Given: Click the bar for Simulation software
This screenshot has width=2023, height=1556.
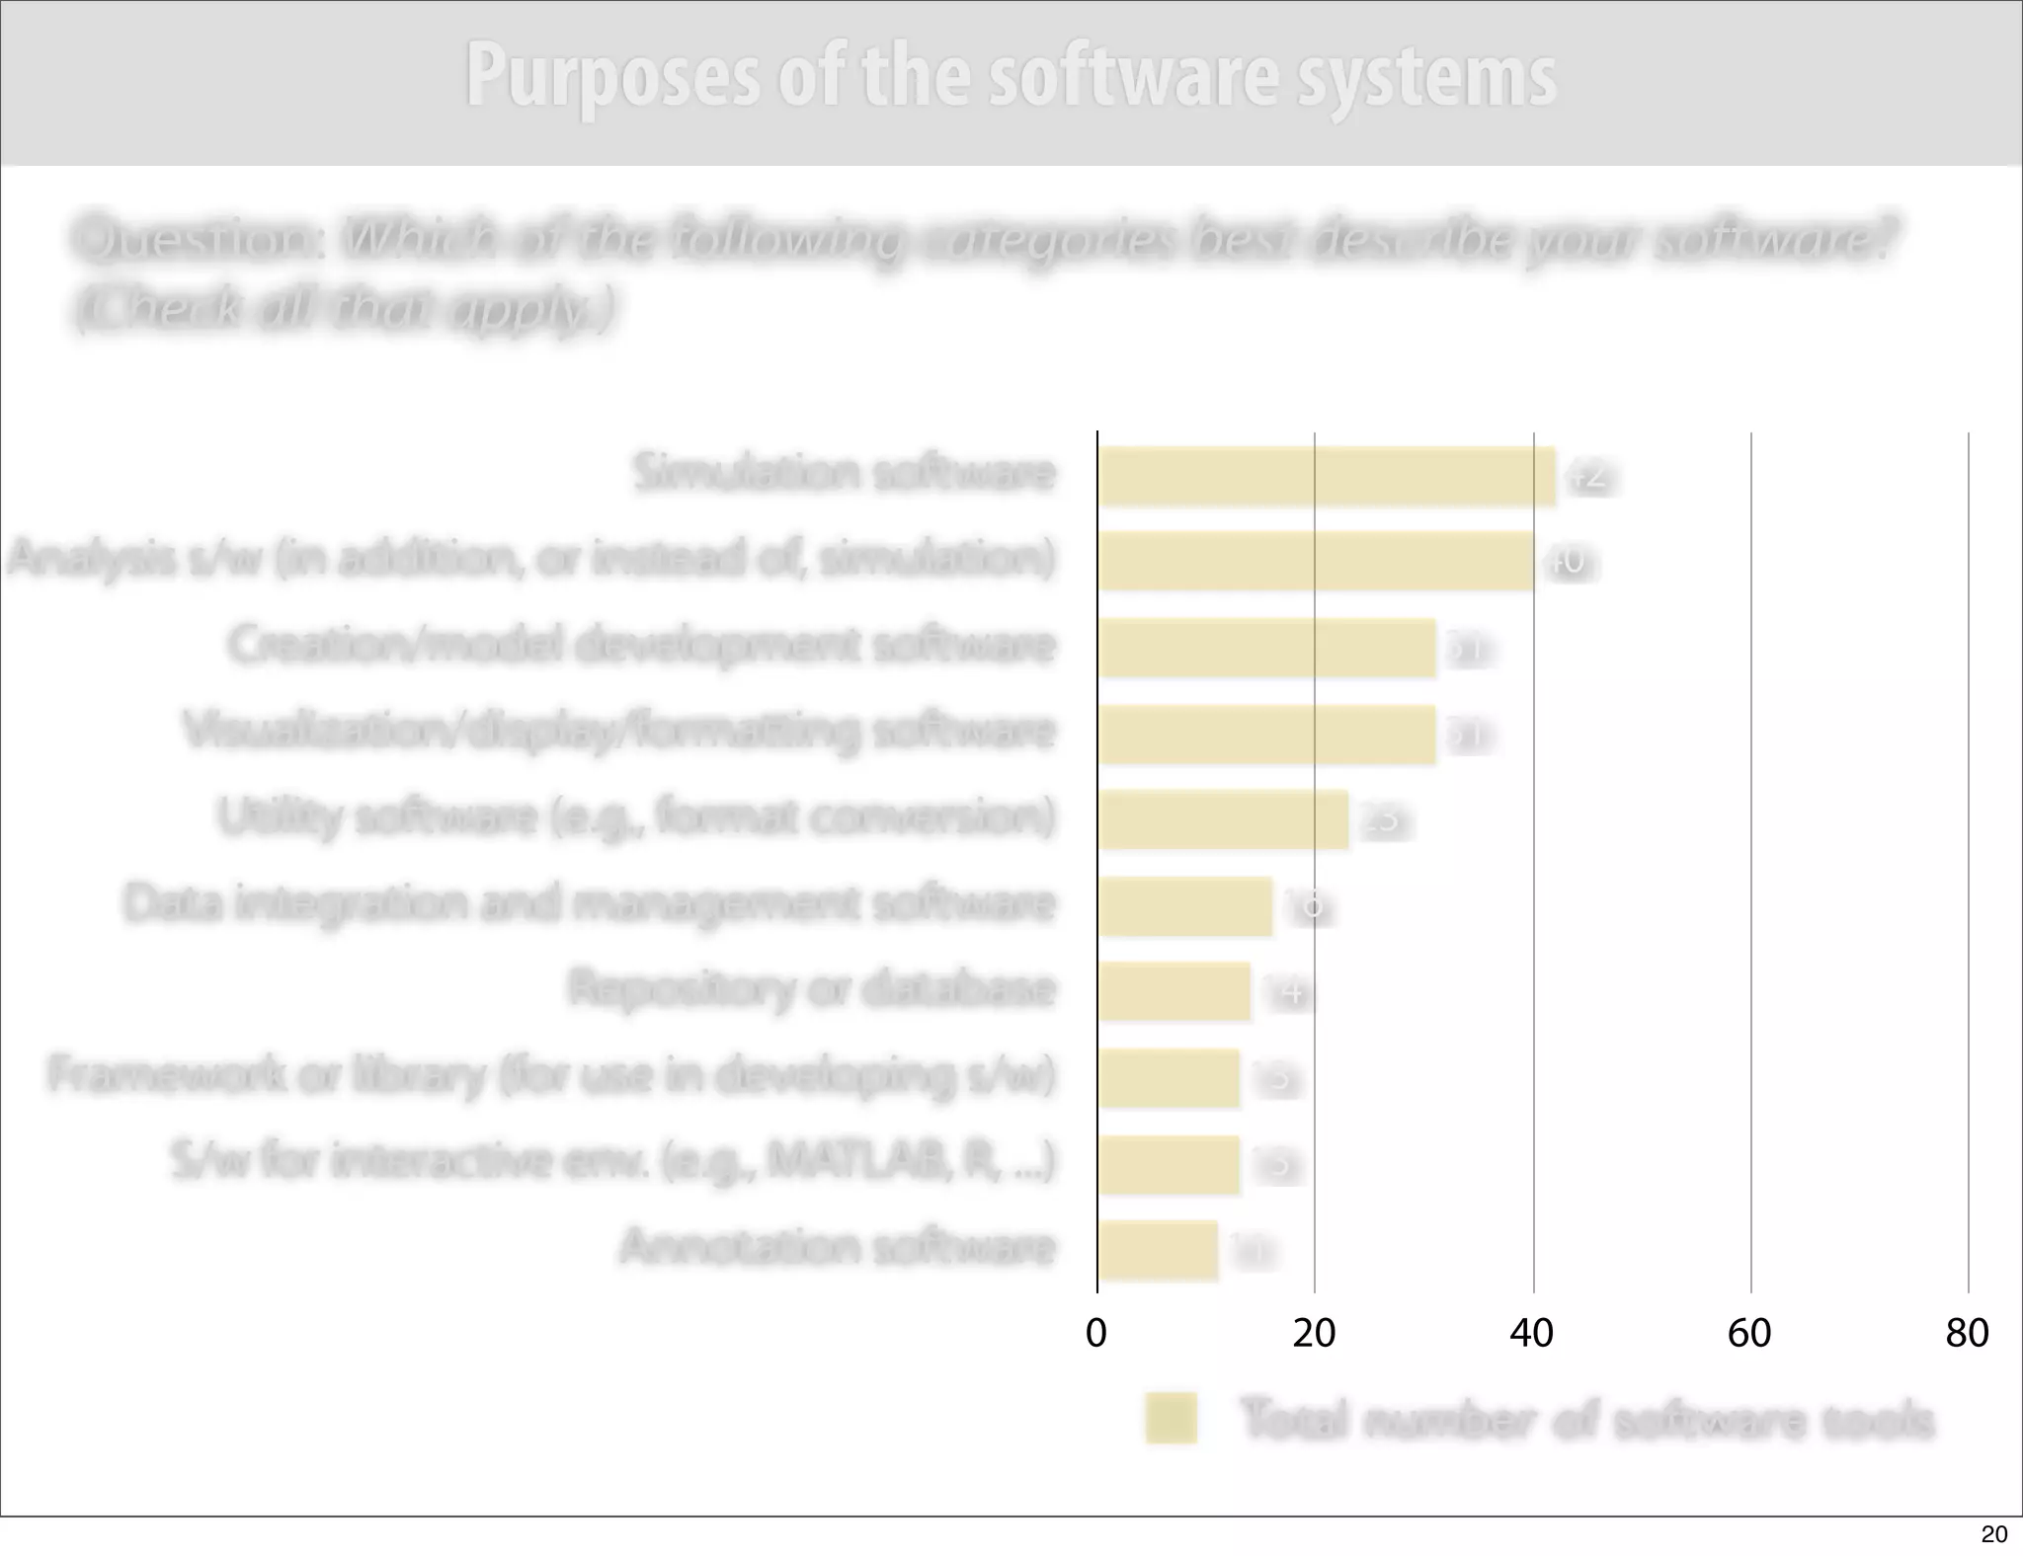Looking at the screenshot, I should coord(1327,477).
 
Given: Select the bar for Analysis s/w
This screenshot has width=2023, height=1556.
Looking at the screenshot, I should coord(1316,561).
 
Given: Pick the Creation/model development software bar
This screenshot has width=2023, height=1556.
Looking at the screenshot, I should coord(1266,648).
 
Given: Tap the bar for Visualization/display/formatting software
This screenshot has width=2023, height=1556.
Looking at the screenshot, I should coord(1266,735).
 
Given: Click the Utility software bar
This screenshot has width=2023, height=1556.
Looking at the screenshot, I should coord(1223,819).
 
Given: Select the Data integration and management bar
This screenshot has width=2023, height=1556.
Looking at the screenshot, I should coord(1185,905).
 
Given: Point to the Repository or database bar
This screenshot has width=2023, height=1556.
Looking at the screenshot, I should coord(1174,991).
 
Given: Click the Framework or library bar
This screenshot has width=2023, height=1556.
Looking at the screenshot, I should coord(1169,1078).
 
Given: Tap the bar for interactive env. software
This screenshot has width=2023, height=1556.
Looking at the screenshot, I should coord(1169,1165).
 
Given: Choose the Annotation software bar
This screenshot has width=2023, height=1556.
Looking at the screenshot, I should coord(1158,1251).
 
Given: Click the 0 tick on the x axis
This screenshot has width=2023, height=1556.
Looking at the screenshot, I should coord(1096,1334).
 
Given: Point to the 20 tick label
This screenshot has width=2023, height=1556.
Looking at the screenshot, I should coord(1314,1334).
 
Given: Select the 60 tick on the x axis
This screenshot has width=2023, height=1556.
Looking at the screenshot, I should coord(1749,1334).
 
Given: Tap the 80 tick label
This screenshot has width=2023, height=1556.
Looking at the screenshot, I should coord(1967,1334).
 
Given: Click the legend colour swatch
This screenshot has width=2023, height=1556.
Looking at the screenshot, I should coord(1172,1419).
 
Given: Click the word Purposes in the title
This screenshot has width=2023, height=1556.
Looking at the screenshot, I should coord(612,77).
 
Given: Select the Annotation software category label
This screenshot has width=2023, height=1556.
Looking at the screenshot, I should coord(838,1246).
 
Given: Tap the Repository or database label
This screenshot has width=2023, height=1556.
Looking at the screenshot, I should coord(812,987).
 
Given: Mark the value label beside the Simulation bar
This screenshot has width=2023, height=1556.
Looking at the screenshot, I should coord(1589,478).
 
